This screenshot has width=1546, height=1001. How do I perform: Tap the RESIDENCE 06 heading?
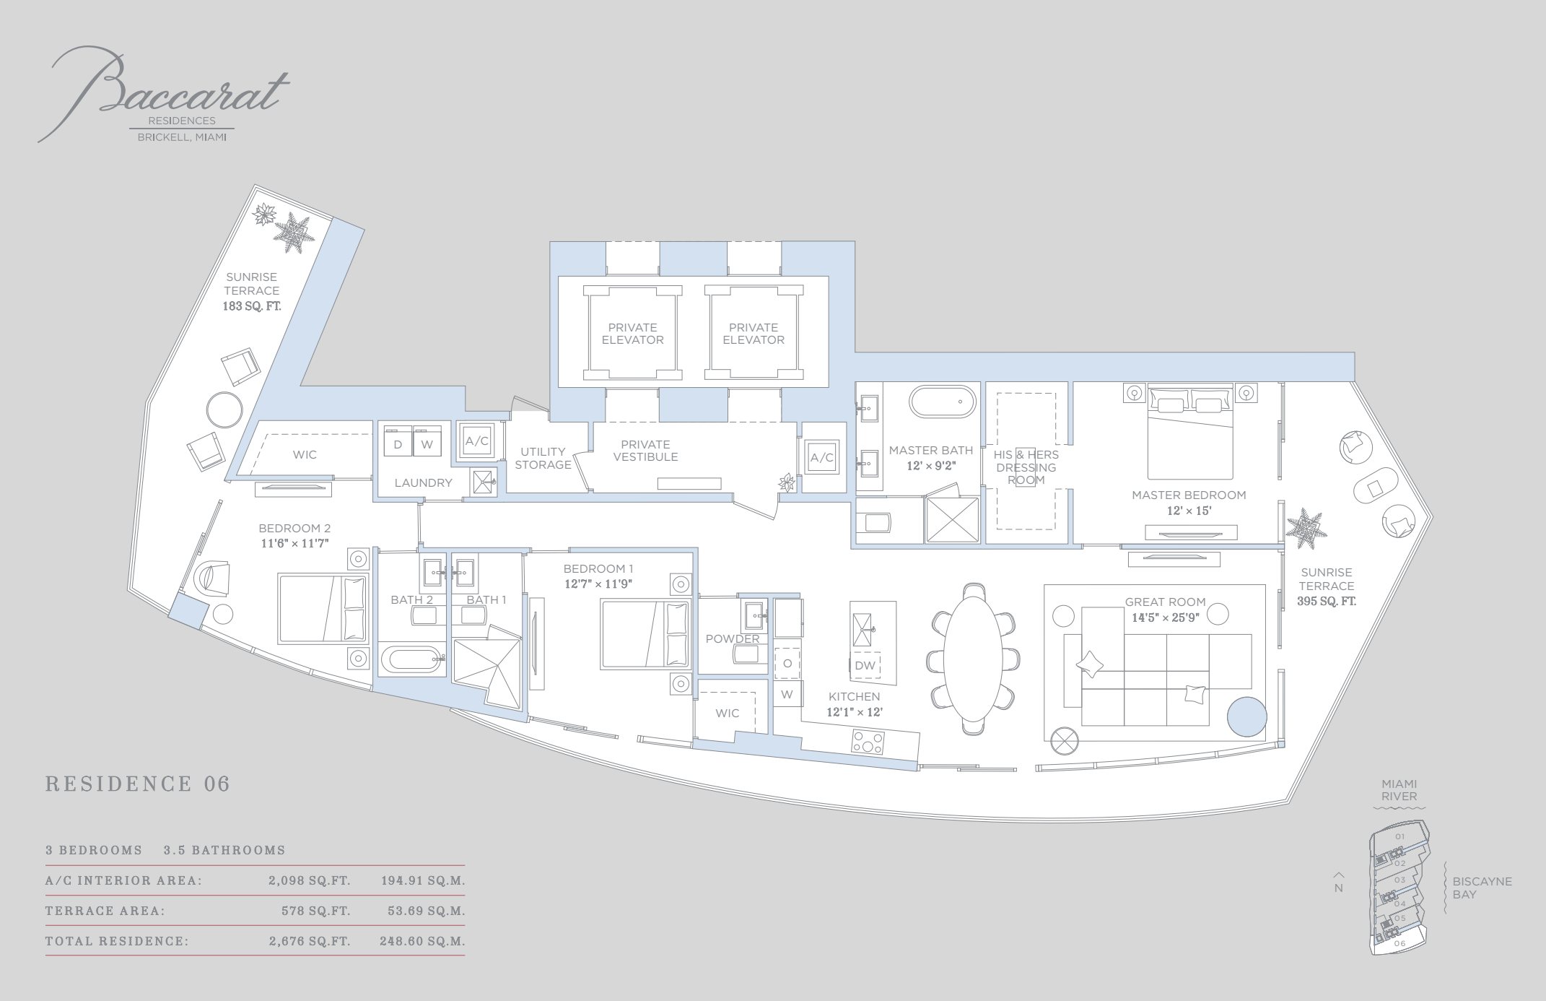point(137,784)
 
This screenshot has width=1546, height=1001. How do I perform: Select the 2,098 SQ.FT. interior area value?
point(309,880)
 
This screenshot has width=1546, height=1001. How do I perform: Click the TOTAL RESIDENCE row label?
point(117,941)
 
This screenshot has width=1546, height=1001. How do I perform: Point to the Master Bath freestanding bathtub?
point(942,402)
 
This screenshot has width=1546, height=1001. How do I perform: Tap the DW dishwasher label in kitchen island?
point(865,665)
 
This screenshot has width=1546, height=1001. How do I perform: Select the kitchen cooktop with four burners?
point(868,741)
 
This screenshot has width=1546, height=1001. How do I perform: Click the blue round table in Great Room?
point(1246,717)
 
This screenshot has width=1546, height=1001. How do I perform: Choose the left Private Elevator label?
point(632,334)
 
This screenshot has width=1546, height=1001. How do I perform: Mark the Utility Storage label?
point(543,458)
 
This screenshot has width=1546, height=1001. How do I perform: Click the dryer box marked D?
point(397,444)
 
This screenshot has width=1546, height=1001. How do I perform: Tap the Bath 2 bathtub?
point(411,658)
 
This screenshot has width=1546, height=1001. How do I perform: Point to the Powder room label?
point(732,638)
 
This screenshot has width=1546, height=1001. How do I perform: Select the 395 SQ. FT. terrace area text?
point(1326,601)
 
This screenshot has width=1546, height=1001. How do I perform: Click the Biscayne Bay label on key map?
point(1481,888)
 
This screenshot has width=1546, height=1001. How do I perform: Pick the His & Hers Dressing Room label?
point(1026,467)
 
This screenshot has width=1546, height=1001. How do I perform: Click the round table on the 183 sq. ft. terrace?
point(224,409)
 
